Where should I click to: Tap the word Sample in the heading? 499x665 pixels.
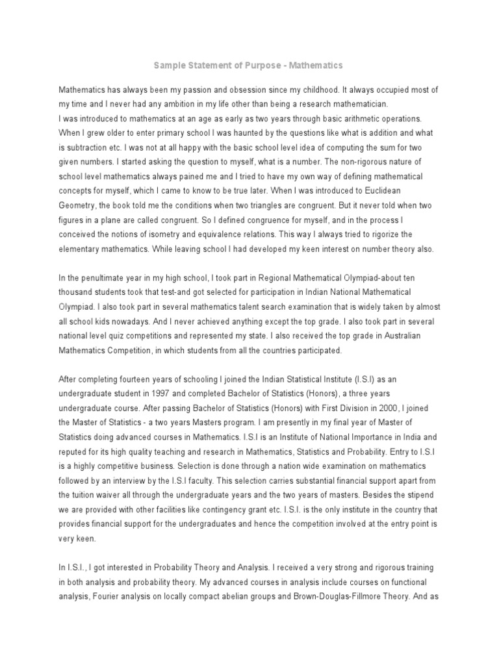tap(170, 66)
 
